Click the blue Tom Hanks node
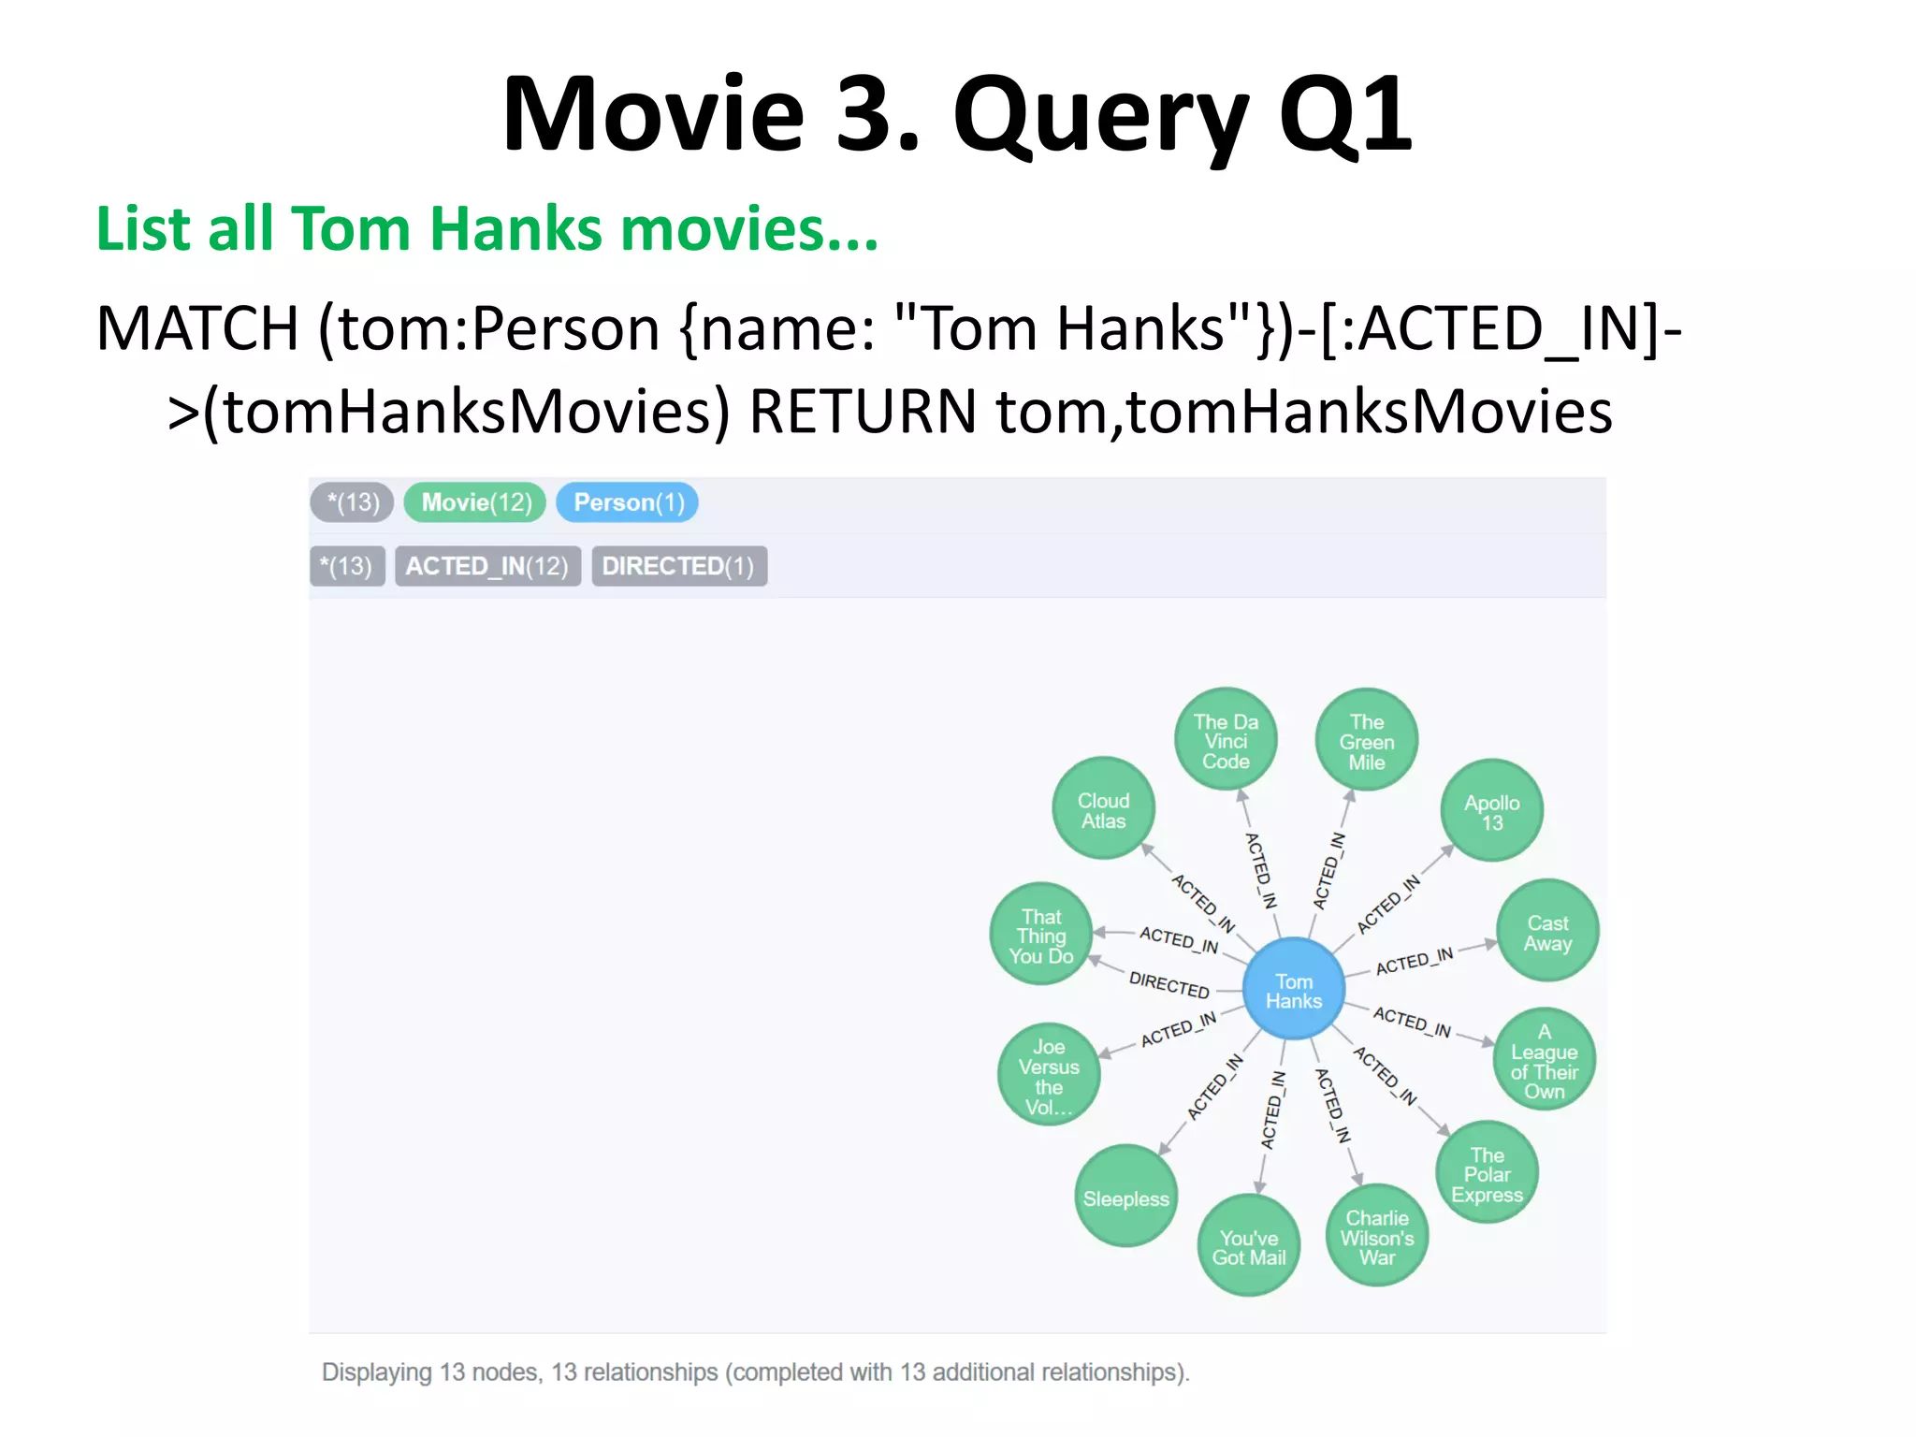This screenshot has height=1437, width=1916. tap(1294, 990)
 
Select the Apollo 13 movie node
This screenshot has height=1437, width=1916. tap(1491, 811)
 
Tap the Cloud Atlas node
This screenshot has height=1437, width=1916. tap(1103, 809)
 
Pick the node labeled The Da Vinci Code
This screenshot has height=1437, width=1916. tap(1226, 740)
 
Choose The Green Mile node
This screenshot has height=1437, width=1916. tap(1366, 741)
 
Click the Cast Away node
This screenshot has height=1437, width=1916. tap(1547, 932)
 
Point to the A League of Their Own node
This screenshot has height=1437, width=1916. tap(1544, 1060)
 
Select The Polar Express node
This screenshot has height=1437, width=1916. tap(1487, 1173)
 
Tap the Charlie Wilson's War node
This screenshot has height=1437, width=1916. tap(1376, 1237)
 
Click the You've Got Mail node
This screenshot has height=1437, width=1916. tap(1249, 1246)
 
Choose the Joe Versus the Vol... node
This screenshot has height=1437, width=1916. tap(1049, 1075)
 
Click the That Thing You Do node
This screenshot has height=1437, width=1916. tap(1041, 935)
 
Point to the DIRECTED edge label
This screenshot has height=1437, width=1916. tap(1168, 984)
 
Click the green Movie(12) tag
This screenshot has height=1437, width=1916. tap(475, 502)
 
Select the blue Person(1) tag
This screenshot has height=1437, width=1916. tap(628, 502)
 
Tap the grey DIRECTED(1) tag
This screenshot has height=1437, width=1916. tap(678, 566)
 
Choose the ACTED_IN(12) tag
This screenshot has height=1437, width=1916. tap(486, 566)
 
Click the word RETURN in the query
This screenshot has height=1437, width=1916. tap(862, 412)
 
